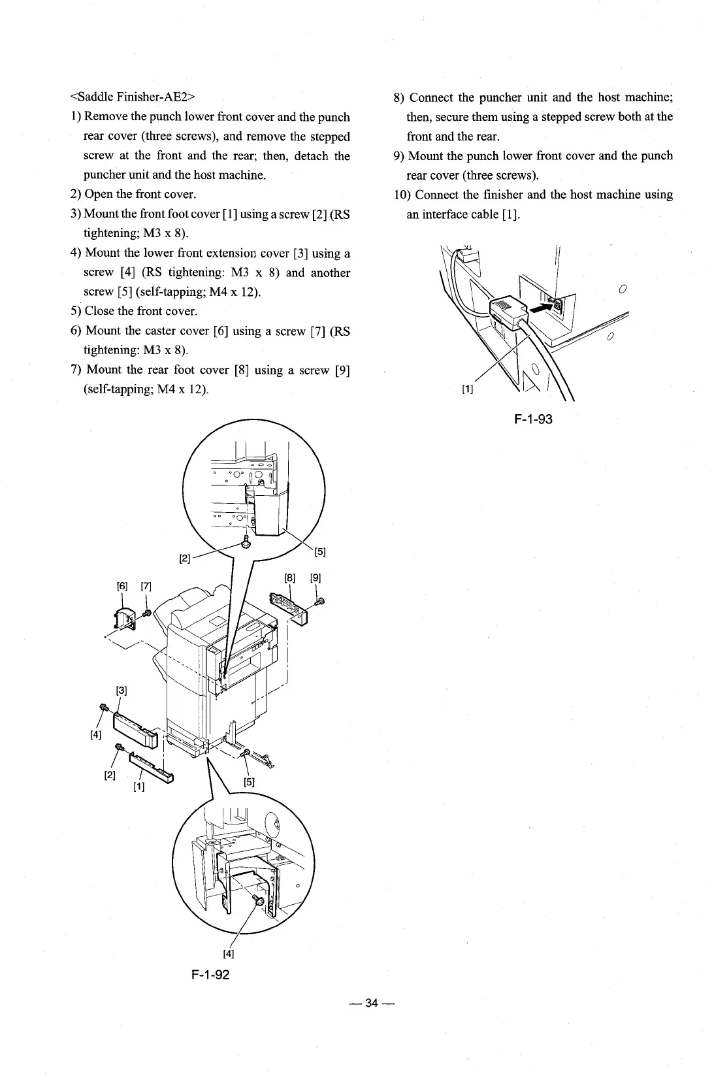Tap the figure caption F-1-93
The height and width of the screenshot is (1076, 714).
point(533,419)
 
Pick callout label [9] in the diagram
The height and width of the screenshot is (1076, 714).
point(315,578)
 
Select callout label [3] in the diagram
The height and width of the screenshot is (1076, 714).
point(121,691)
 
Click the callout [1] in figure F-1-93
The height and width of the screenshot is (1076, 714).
point(467,390)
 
